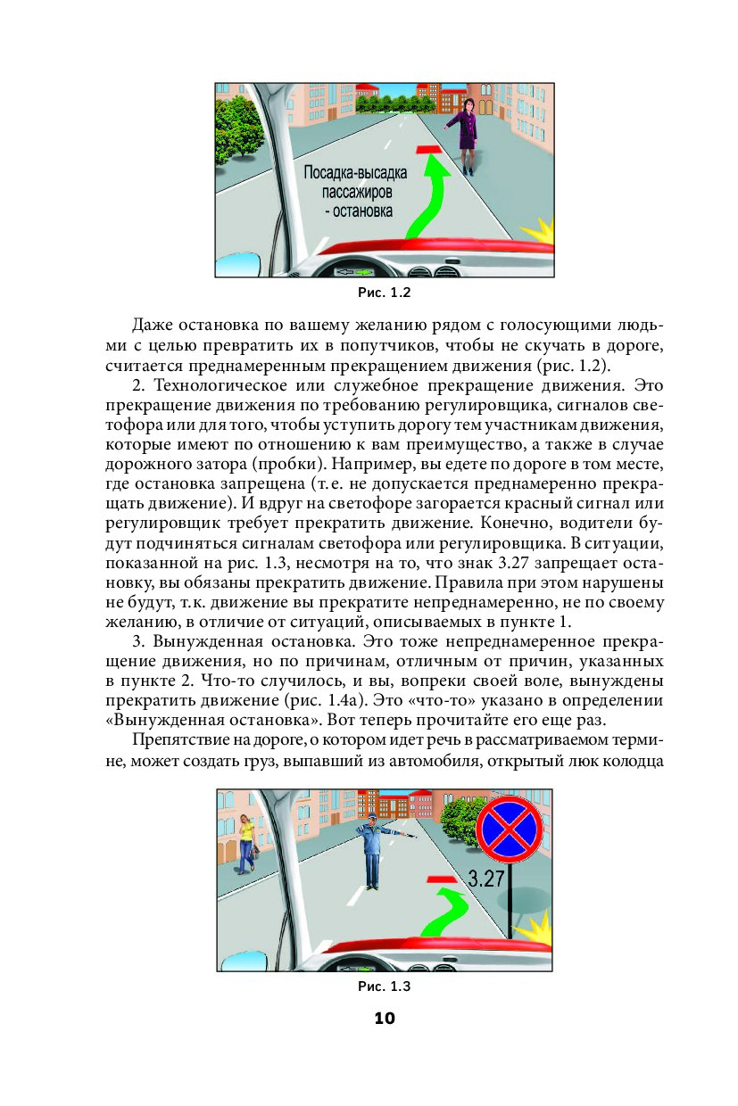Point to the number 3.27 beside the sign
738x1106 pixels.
(x=486, y=878)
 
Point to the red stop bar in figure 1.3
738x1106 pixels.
(x=442, y=879)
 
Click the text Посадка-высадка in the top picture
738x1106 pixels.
(x=355, y=173)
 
